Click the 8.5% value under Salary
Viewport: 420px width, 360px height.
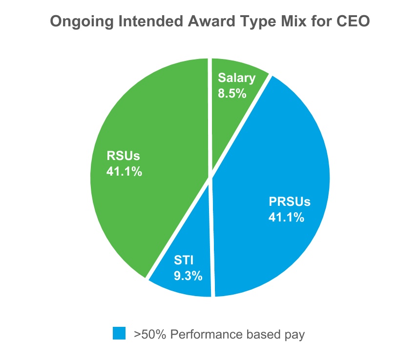(x=232, y=94)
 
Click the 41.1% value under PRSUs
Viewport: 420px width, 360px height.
(x=286, y=218)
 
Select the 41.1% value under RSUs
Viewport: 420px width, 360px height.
(x=124, y=171)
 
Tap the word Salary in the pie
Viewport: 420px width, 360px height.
(x=237, y=78)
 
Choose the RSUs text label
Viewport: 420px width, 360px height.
(x=123, y=156)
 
